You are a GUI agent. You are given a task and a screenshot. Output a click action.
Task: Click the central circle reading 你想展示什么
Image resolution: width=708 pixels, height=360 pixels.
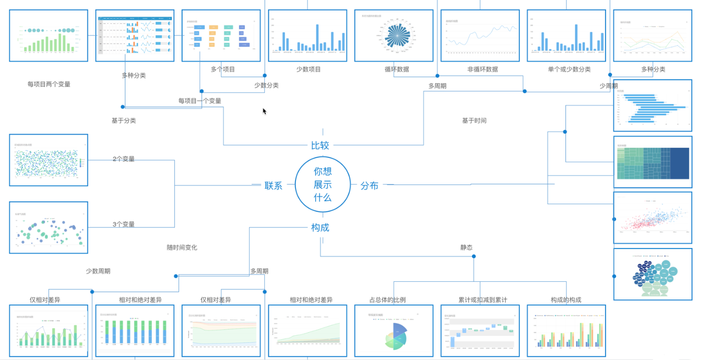click(x=323, y=185)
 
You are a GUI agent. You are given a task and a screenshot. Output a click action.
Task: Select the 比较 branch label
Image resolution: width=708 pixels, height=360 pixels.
click(x=320, y=146)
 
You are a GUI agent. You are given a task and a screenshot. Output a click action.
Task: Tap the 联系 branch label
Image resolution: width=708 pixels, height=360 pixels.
click(x=273, y=186)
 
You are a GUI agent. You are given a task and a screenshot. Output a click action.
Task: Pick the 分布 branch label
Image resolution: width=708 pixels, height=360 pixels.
click(x=369, y=186)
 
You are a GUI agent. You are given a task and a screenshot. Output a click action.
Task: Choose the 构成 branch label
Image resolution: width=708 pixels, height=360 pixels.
click(x=320, y=227)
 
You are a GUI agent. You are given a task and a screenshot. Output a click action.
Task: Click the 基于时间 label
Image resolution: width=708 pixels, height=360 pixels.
click(x=474, y=121)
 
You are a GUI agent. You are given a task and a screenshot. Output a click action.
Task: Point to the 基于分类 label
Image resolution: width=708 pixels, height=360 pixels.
click(x=124, y=121)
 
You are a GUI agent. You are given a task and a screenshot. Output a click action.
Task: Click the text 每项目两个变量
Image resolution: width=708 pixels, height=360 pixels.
click(x=49, y=84)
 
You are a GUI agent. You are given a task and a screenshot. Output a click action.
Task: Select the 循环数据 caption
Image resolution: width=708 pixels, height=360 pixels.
click(x=396, y=69)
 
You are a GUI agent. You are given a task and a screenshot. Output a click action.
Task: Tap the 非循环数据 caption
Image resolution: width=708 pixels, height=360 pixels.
click(x=483, y=69)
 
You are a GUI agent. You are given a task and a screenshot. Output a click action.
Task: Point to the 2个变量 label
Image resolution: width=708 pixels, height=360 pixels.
click(x=124, y=159)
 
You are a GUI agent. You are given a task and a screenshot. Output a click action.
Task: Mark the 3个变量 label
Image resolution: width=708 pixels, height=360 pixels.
click(x=124, y=224)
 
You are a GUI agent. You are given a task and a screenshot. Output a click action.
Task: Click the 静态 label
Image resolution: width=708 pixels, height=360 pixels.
click(x=466, y=248)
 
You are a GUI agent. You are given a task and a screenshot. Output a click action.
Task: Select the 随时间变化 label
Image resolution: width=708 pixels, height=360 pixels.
click(x=182, y=248)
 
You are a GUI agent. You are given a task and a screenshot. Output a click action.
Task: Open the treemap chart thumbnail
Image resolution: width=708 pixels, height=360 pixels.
click(x=653, y=162)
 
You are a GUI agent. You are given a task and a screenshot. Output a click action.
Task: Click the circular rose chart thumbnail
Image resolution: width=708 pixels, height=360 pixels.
click(x=393, y=35)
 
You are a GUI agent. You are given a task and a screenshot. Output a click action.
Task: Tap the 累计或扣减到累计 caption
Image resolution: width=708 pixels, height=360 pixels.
click(x=483, y=299)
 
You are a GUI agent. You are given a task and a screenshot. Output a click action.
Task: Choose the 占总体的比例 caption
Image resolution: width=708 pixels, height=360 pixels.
click(x=387, y=299)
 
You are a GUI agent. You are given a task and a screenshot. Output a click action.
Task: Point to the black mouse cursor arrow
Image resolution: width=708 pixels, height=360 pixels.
click(x=264, y=111)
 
